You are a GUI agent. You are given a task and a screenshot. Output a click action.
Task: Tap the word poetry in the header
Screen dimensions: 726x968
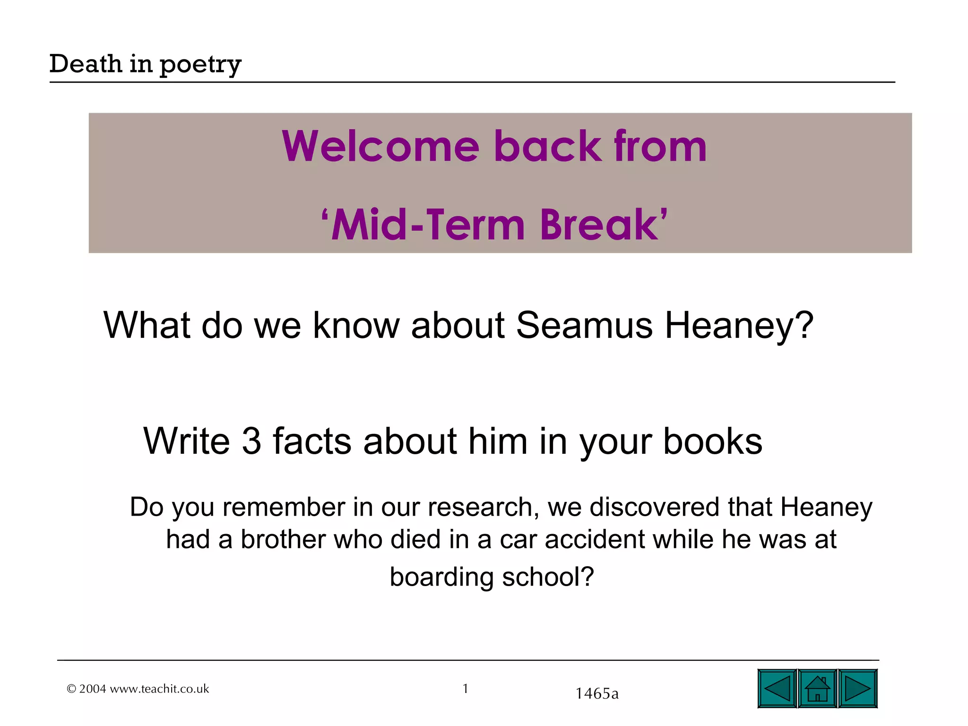tap(200, 65)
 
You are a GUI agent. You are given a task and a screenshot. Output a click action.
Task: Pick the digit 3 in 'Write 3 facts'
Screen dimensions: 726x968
tap(251, 441)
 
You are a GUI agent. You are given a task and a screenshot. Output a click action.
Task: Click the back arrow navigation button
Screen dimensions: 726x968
tap(777, 688)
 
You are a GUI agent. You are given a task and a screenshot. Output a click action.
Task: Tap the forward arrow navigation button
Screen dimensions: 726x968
tap(858, 688)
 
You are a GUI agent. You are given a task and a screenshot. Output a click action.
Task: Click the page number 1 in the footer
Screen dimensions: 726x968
tap(466, 689)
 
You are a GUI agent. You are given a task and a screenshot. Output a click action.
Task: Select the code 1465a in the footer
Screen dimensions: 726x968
tap(597, 693)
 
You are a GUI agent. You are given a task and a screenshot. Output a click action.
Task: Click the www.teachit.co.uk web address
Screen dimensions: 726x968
tap(159, 689)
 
